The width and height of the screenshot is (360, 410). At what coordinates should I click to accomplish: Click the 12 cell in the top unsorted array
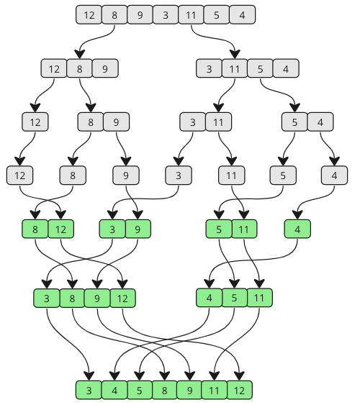(89, 14)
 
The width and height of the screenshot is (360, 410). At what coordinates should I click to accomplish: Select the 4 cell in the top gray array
(242, 14)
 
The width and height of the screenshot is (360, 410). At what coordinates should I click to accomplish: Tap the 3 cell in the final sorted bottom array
(89, 390)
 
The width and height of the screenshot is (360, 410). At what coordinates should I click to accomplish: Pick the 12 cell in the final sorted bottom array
(239, 390)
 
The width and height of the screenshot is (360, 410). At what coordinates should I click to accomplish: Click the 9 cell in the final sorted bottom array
(189, 390)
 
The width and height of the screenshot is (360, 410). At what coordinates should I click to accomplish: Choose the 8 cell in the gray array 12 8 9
(80, 68)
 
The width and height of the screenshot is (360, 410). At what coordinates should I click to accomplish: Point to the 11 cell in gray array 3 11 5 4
(234, 68)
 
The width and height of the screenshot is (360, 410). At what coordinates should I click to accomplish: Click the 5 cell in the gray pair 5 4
(294, 122)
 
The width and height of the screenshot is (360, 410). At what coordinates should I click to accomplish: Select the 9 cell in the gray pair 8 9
(116, 122)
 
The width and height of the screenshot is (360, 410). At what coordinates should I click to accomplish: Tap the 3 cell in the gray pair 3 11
(193, 122)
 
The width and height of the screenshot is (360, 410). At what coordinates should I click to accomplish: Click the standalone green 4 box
(297, 229)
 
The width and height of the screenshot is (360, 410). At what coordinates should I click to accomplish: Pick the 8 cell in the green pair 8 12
(35, 229)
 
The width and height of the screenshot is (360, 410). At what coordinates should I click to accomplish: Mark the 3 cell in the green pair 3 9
(112, 229)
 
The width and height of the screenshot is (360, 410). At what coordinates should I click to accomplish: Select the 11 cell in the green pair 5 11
(244, 229)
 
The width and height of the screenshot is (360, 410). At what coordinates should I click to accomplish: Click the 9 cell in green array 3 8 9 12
(97, 298)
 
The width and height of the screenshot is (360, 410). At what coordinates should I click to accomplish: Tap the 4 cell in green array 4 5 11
(209, 298)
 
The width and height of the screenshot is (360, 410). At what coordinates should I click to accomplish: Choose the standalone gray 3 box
(179, 176)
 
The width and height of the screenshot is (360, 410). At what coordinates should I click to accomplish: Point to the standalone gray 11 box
(232, 176)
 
